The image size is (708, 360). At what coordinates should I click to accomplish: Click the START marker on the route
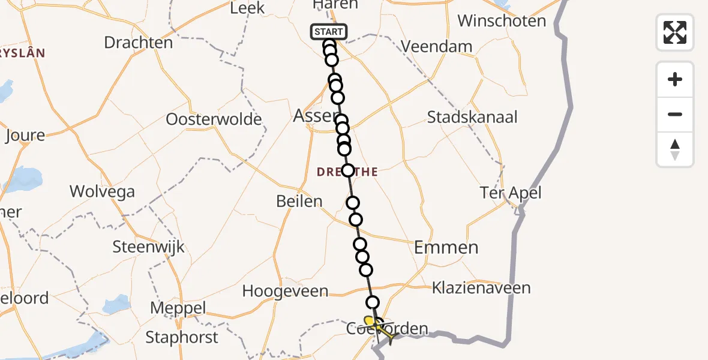328,32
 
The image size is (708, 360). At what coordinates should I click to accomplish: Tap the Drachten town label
138,43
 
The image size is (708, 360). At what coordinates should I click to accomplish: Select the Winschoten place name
502,21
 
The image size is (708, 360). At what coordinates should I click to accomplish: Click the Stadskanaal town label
472,116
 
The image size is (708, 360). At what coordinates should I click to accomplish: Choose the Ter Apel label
511,193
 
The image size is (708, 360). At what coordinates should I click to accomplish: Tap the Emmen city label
446,247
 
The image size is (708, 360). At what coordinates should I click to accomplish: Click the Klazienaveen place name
481,288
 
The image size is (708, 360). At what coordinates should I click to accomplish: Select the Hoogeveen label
285,292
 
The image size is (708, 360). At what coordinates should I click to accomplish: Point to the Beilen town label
299,201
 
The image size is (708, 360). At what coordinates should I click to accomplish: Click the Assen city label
313,116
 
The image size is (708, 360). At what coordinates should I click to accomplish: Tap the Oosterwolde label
214,119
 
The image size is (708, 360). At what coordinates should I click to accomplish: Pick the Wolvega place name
102,192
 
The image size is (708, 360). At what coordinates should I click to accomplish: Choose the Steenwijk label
149,247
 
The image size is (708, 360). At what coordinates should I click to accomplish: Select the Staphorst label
182,337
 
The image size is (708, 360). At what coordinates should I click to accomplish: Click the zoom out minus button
675,114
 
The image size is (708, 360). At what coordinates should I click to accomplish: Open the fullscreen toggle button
675,32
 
